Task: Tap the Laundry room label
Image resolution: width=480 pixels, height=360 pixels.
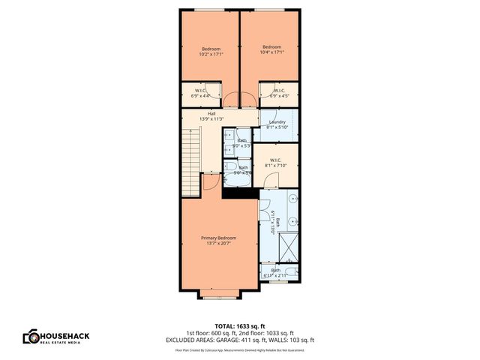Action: [x=277, y=122]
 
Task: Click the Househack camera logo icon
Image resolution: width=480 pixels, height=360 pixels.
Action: [x=31, y=337]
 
